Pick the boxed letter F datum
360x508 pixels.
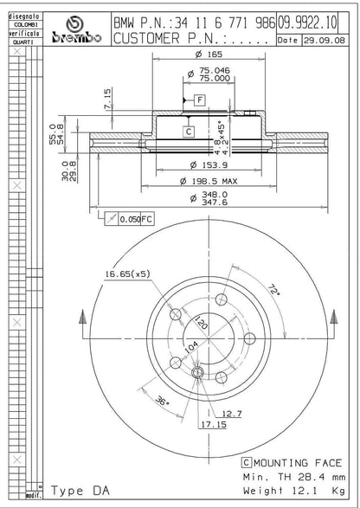[199, 100]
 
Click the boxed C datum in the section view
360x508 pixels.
[189, 132]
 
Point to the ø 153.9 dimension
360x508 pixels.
[204, 164]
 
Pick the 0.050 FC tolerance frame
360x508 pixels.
[129, 220]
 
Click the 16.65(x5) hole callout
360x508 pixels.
[127, 274]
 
